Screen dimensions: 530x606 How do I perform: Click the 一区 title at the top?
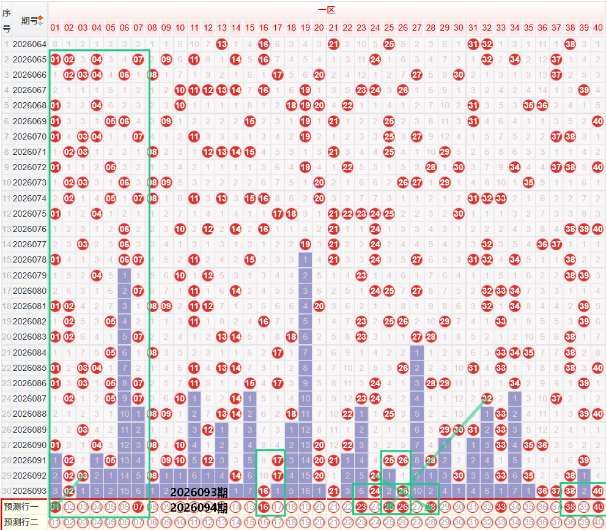326,10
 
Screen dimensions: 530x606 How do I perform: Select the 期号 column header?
29,20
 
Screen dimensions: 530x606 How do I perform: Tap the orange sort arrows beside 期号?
40,20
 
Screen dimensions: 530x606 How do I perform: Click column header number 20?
319,28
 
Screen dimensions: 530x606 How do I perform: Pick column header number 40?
598,28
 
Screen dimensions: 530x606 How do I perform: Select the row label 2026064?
29,44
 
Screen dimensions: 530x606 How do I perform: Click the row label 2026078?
29,259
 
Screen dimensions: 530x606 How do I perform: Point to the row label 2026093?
29,491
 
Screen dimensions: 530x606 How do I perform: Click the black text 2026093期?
199,492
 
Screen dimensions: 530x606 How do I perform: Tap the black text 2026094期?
199,507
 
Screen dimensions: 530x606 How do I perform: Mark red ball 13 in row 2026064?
221,44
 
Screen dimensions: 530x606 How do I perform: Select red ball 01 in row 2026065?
55,59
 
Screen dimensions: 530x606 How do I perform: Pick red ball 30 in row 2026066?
459,75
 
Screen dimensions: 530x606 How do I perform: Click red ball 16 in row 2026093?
264,491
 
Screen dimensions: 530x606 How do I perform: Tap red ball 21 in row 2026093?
333,491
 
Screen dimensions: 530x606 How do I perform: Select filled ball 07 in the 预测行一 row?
138,507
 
